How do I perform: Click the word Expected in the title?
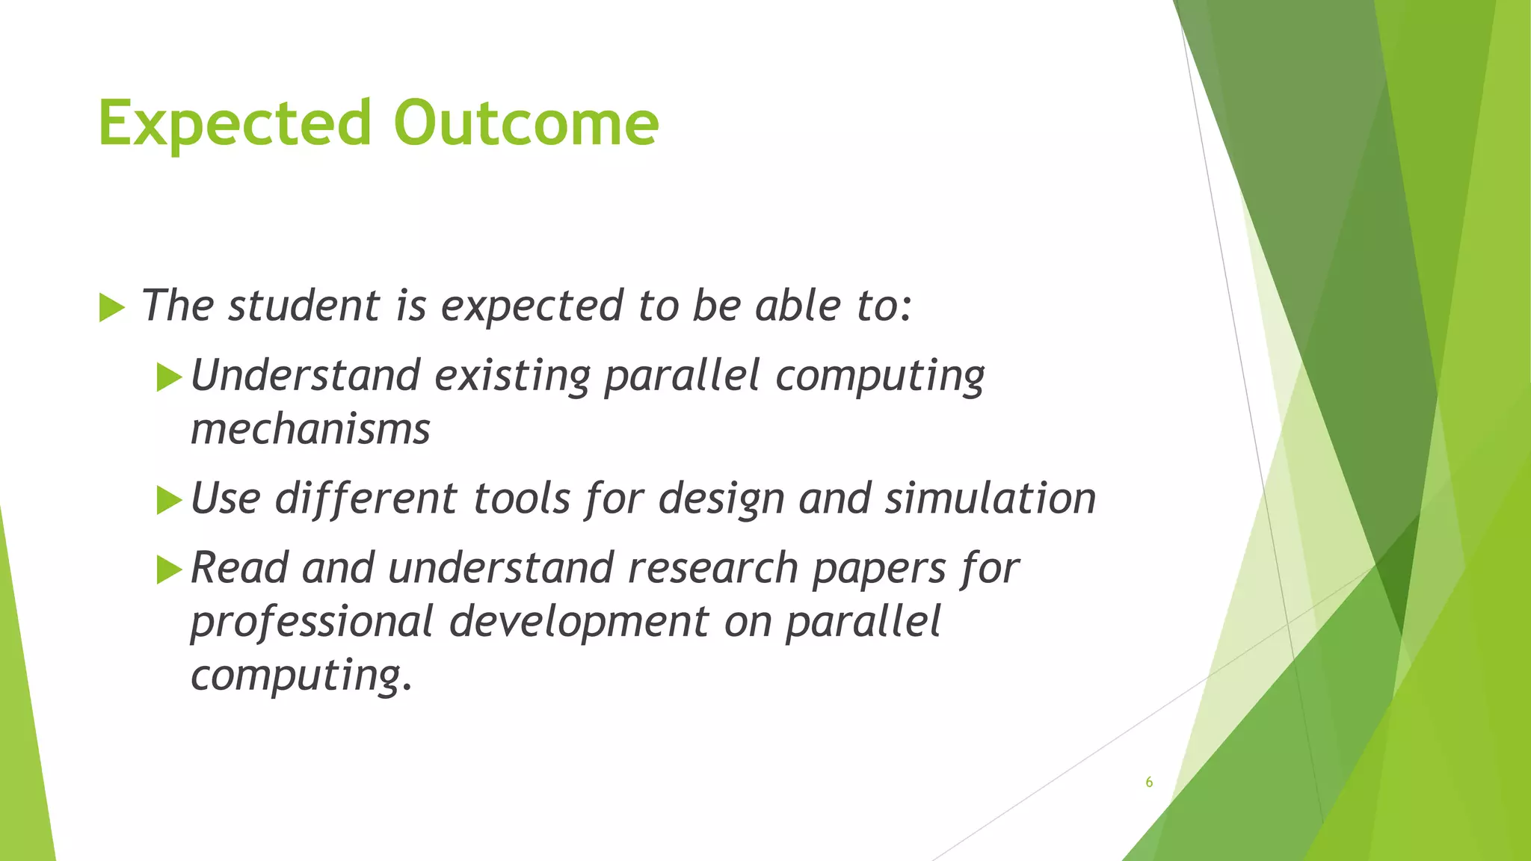pyautogui.click(x=234, y=123)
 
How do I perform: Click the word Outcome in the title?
pyautogui.click(x=526, y=123)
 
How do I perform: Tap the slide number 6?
pyautogui.click(x=1149, y=783)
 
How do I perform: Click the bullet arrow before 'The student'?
pyautogui.click(x=111, y=308)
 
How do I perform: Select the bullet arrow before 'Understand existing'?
pyautogui.click(x=170, y=377)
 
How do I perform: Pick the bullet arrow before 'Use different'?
pyautogui.click(x=170, y=500)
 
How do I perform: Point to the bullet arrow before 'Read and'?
pyautogui.click(x=170, y=570)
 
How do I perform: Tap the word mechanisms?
pyautogui.click(x=310, y=430)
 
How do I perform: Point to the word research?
pyautogui.click(x=713, y=568)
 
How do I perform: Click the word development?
pyautogui.click(x=579, y=623)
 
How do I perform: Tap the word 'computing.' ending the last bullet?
pyautogui.click(x=301, y=676)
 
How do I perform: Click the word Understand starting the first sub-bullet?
pyautogui.click(x=305, y=375)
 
